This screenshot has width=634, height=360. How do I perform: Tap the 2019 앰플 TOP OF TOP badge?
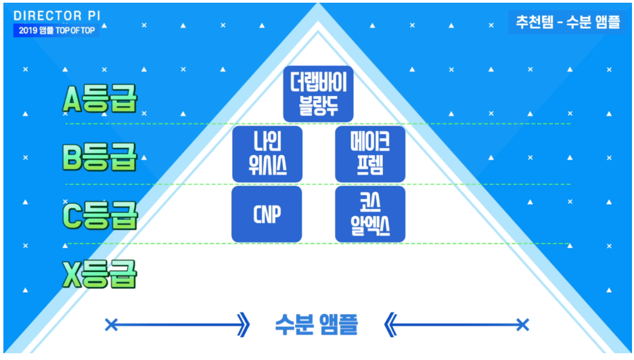pos(56,31)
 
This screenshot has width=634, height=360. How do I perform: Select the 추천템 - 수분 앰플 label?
pos(567,22)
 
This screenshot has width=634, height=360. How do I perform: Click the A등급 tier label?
pos(100,100)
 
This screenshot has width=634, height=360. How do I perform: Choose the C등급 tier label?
pos(100,216)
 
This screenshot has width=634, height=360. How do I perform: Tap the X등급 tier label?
pos(100,274)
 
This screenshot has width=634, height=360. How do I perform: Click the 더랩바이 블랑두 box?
pos(318,94)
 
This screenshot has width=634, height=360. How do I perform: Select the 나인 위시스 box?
pos(267,154)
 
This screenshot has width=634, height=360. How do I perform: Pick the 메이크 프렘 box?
pos(370,154)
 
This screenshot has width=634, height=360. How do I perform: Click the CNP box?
pos(267,215)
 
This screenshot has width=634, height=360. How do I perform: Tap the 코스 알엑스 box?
pos(370,215)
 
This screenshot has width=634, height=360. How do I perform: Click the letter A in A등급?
pos(72,100)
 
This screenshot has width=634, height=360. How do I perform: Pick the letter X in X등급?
pos(72,274)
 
